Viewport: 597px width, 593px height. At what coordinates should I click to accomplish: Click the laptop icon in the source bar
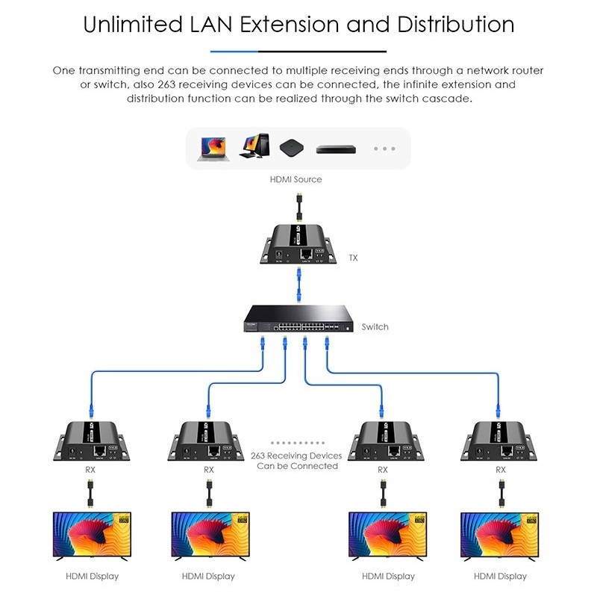[x=213, y=147]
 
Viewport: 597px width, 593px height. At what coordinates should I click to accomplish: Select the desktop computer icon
[x=254, y=146]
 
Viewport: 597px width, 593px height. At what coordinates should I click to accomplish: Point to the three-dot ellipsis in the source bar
[x=384, y=149]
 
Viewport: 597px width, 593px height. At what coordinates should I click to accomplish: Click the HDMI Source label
[x=296, y=179]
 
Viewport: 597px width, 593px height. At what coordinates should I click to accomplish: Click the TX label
[x=354, y=258]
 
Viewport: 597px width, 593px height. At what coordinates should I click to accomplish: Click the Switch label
[x=375, y=326]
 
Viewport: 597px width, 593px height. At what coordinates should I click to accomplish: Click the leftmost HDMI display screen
[x=92, y=536]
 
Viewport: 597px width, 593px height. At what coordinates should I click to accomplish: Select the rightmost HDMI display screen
[x=500, y=536]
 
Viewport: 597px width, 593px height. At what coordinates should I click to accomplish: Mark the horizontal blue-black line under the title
[x=298, y=52]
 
